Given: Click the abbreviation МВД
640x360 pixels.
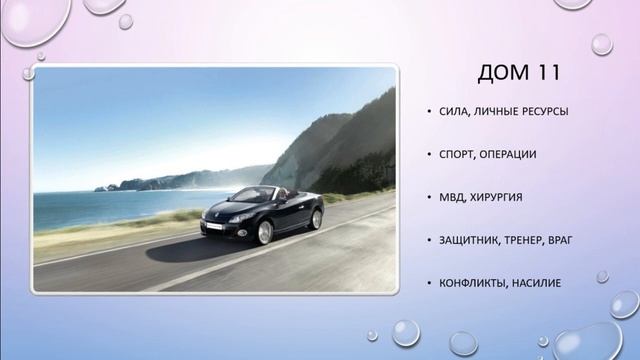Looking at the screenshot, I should pos(451,197).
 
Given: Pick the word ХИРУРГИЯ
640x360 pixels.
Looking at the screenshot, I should pos(500,197).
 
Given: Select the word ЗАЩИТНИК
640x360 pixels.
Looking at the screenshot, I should pos(470,240).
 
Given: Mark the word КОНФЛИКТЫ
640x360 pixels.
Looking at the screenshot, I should pos(475,283).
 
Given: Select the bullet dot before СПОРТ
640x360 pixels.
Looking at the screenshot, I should pos(428,155).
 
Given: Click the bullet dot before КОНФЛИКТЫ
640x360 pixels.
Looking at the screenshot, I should pos(428,284).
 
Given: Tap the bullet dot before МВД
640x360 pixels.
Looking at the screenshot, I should pos(428,198).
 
